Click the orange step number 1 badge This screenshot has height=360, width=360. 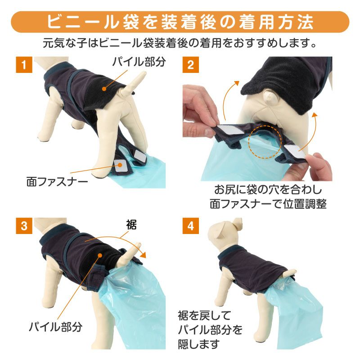click(x=24, y=65)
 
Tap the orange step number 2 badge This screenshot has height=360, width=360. click(x=190, y=65)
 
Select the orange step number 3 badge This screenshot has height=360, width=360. click(x=24, y=226)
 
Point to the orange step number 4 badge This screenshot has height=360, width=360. click(x=190, y=226)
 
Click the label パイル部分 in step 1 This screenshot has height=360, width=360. click(x=139, y=62)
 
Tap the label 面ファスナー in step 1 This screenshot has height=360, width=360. click(x=57, y=182)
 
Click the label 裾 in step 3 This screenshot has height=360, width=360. click(x=131, y=225)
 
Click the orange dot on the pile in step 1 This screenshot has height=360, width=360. click(x=104, y=89)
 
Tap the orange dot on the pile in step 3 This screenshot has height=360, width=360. click(x=100, y=255)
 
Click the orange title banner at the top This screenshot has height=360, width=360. click(x=180, y=22)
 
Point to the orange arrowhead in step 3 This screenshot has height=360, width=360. click(x=143, y=255)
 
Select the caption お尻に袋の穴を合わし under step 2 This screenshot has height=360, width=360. click(x=268, y=190)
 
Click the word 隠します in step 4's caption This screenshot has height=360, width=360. click(x=199, y=344)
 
